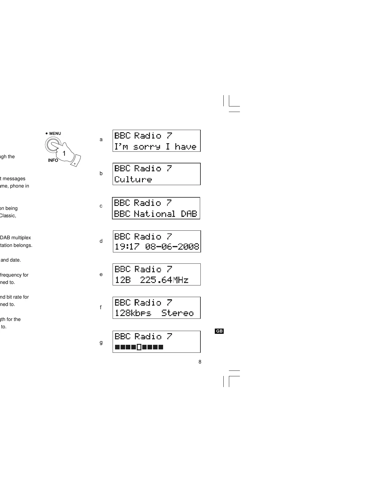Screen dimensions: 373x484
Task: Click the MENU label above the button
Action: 55,133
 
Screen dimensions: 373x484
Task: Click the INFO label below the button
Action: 53,160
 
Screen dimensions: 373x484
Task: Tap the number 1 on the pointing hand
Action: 64,154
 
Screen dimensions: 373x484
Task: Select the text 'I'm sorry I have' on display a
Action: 155,147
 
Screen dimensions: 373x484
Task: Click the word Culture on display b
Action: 133,179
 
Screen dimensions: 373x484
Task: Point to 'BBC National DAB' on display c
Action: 155,214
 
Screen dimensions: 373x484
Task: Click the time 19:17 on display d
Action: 127,246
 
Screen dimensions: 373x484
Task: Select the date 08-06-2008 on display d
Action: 172,246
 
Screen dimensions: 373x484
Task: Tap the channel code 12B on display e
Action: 123,280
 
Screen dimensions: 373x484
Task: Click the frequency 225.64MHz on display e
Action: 164,280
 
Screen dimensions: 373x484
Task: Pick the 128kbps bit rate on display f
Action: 133,313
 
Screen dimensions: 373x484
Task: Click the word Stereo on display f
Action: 177,313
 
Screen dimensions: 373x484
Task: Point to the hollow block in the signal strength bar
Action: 139,347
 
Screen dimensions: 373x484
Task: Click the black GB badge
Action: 219,331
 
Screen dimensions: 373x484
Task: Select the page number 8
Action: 200,362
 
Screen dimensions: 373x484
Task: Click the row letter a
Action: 101,140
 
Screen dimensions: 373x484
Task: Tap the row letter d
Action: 101,241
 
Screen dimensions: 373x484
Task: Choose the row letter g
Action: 101,342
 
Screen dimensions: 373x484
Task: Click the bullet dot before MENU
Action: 47,133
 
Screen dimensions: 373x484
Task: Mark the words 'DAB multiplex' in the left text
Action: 16,238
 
